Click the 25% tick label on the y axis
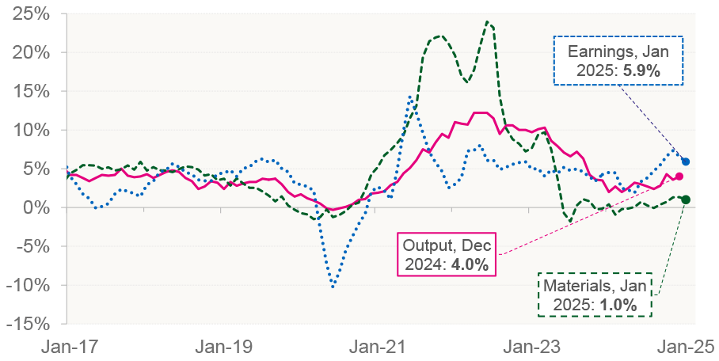[33, 14]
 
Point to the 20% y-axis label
[33, 53]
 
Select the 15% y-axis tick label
[33, 91]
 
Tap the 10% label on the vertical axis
[33, 130]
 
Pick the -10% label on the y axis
[30, 285]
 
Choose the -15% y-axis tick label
[30, 324]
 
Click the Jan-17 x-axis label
[67, 346]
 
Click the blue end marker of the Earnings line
[686, 161]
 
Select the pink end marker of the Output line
[679, 176]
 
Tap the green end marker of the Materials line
[686, 199]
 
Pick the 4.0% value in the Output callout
[470, 263]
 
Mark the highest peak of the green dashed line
[487, 21]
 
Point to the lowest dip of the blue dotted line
[333, 287]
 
